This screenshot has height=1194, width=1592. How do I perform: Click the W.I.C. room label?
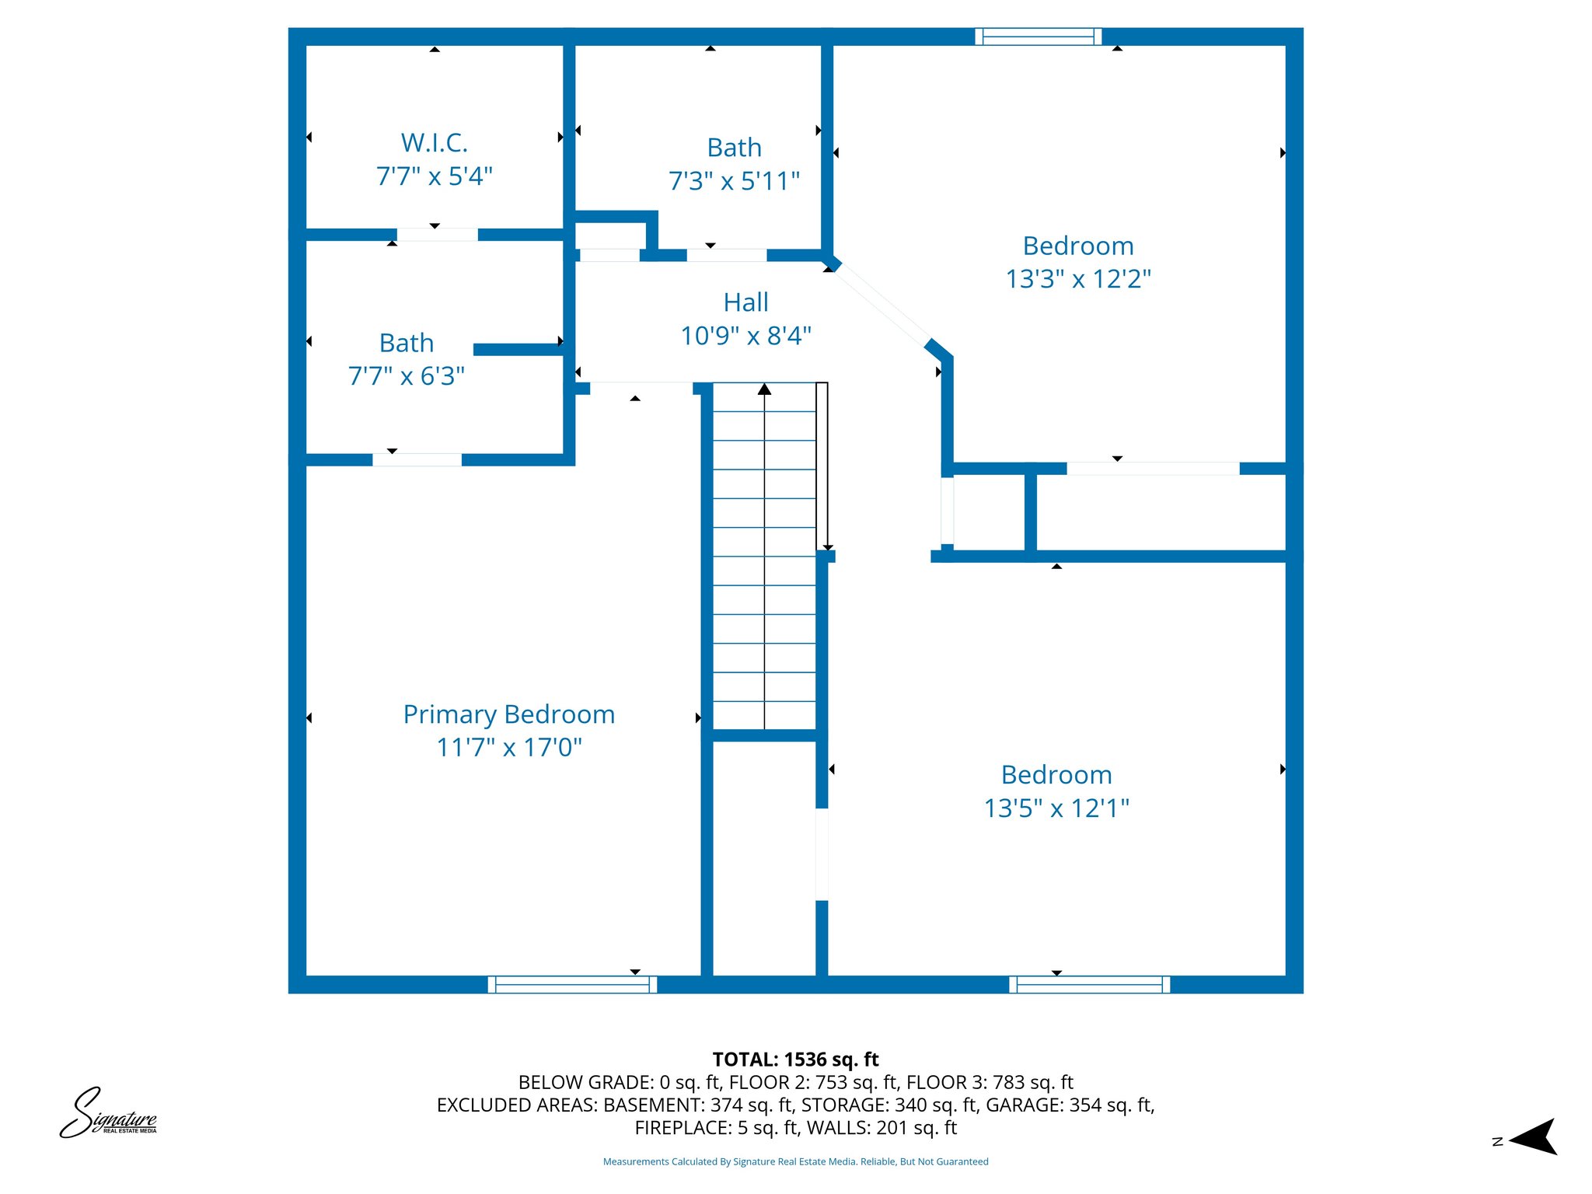[434, 143]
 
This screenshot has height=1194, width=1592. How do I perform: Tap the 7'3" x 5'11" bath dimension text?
[734, 181]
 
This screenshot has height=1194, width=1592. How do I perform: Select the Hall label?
[745, 302]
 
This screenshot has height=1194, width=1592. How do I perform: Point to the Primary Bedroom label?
[508, 714]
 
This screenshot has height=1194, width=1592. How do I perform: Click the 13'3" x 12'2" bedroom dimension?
[1078, 279]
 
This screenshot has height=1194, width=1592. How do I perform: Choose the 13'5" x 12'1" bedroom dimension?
[1056, 808]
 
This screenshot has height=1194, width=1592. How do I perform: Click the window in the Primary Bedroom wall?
[572, 985]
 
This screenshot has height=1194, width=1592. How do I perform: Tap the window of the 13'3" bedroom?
[1039, 37]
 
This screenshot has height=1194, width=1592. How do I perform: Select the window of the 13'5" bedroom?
[1090, 985]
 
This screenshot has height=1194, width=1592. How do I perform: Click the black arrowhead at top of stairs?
[764, 389]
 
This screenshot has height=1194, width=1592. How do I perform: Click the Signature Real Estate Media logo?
[108, 1114]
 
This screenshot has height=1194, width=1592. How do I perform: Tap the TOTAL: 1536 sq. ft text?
[795, 1060]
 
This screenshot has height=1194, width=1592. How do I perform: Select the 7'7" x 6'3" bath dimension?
[406, 376]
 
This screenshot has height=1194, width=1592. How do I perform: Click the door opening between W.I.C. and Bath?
[437, 235]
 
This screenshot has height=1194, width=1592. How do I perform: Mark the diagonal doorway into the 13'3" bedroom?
[881, 305]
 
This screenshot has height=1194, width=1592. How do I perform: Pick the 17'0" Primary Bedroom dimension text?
[553, 748]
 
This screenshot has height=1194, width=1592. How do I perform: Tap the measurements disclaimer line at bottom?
[795, 1162]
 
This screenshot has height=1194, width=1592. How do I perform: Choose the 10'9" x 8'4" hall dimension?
[745, 336]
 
